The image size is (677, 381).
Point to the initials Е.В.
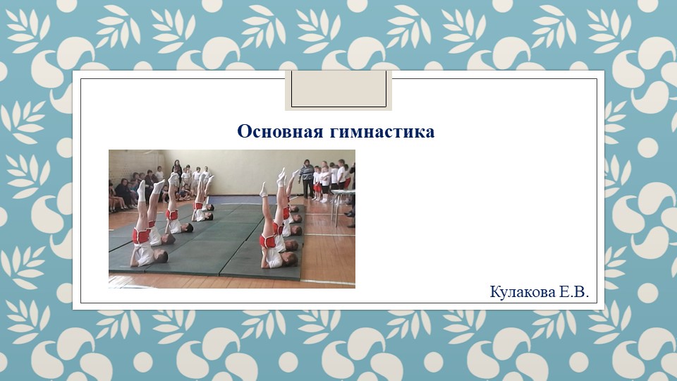point(574,292)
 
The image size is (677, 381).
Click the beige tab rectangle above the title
point(338,89)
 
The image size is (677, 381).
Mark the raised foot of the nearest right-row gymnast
point(264,189)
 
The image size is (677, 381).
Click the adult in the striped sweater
point(307,178)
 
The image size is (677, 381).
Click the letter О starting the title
point(244,132)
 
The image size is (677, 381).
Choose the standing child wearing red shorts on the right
point(318,185)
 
